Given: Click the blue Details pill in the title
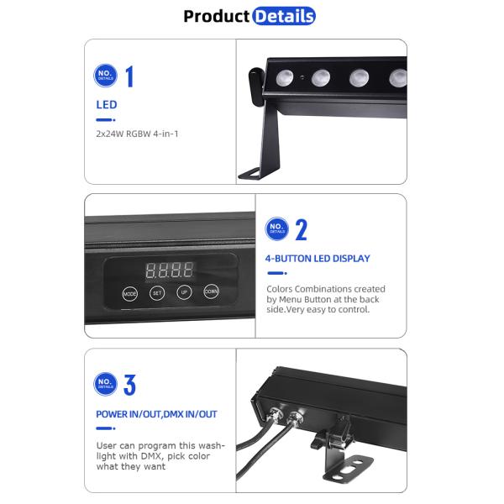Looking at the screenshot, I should click(284, 16).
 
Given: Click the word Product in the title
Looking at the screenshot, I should click(217, 16).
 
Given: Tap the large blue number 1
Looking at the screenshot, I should click(129, 76).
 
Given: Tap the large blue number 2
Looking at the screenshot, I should click(301, 229).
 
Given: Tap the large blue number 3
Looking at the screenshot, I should click(129, 385).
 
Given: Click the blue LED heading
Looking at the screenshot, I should click(107, 105).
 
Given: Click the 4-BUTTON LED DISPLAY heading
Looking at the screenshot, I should click(318, 259).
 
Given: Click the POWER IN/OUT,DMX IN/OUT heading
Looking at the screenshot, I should click(157, 414).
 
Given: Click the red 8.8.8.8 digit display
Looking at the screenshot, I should click(169, 270).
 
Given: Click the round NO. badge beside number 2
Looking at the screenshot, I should click(276, 228).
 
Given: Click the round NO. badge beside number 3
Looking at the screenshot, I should click(105, 385).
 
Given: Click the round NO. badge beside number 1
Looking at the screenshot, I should click(105, 76).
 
